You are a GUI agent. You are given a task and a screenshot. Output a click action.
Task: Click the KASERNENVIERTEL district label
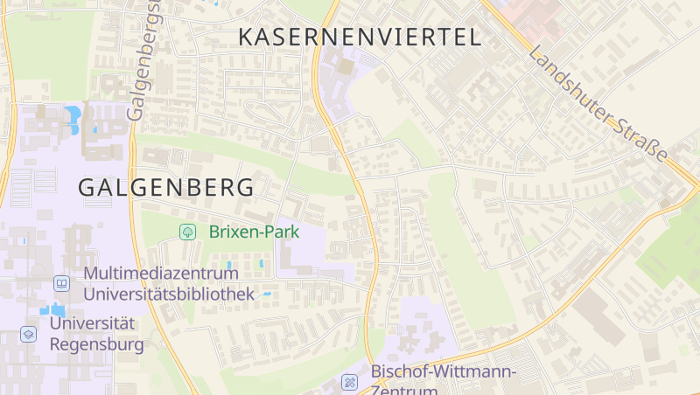coord(360,37)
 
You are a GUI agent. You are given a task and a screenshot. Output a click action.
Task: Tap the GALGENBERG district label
coord(166,187)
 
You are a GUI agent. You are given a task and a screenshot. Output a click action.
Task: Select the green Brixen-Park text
coord(254,232)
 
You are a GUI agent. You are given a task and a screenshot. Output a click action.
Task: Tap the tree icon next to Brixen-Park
coord(186,232)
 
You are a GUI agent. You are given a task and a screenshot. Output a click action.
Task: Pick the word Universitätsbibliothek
coord(169,294)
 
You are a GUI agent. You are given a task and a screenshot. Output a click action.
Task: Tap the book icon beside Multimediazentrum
coord(61,283)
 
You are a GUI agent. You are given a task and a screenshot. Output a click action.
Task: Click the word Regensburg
coord(96,343)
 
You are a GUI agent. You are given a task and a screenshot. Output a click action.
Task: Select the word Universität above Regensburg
coord(93,323)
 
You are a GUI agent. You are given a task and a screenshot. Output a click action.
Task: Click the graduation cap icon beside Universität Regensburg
coord(29,334)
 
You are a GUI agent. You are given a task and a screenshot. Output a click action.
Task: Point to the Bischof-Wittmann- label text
coord(444,371)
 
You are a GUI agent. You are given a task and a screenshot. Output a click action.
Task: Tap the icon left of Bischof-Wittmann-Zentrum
coord(350,381)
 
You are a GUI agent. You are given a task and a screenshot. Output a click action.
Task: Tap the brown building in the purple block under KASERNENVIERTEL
coord(346,66)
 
